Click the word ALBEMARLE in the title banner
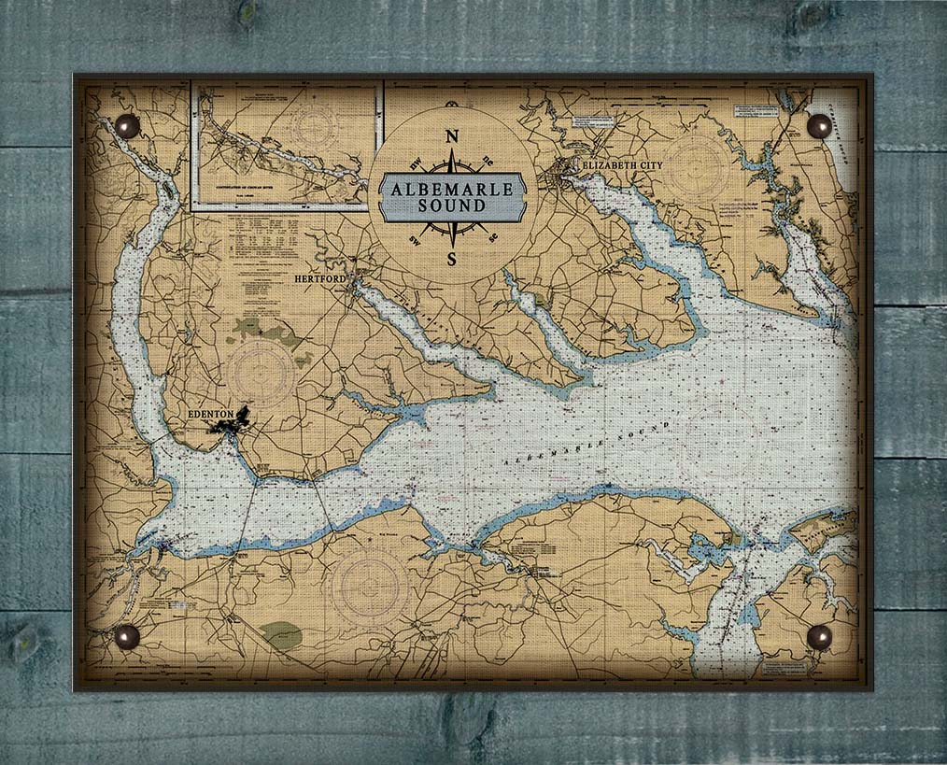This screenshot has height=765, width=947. pyautogui.click(x=452, y=189)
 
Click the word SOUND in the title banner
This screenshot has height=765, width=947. pyautogui.click(x=452, y=205)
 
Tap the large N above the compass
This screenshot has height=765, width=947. pyautogui.click(x=452, y=136)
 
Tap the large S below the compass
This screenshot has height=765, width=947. pyautogui.click(x=452, y=258)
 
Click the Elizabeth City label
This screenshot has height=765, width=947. pyautogui.click(x=621, y=165)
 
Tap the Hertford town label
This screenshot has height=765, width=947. pyautogui.click(x=319, y=278)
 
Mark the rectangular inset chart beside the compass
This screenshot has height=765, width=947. pyautogui.click(x=285, y=145)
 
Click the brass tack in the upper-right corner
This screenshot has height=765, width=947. pyautogui.click(x=819, y=126)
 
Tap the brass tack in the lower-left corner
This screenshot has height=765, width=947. pyautogui.click(x=126, y=636)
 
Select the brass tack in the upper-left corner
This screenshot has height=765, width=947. pyautogui.click(x=126, y=126)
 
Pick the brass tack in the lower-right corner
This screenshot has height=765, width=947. pyautogui.click(x=819, y=636)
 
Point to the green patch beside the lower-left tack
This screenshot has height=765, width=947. pyautogui.click(x=281, y=636)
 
